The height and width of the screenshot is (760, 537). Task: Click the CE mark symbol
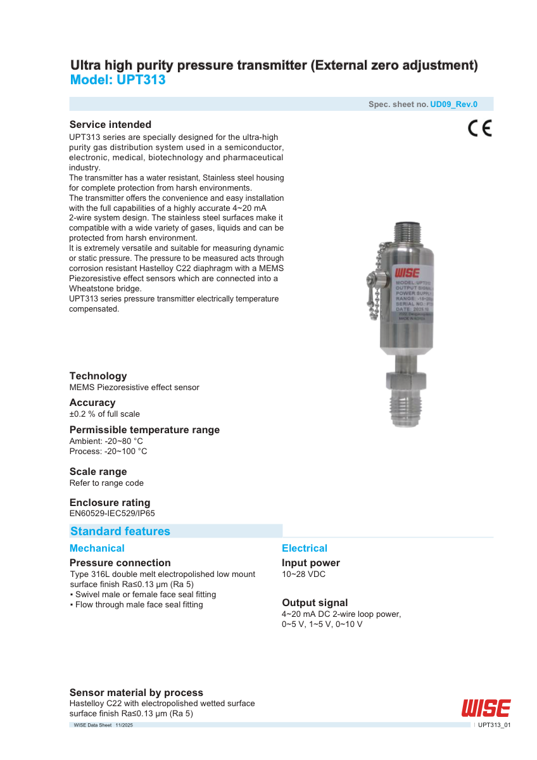coord(479,129)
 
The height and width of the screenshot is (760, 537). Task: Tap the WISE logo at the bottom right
coord(486,707)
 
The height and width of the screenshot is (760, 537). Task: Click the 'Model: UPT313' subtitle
coord(118,80)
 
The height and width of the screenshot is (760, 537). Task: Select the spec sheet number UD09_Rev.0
coord(453,104)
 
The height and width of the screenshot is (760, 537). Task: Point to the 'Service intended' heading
coord(110,124)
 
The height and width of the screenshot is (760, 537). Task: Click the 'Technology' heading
coord(98,376)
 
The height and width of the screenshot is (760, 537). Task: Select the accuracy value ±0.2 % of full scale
coord(104,414)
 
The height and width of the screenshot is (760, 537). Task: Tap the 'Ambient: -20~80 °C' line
coord(106,441)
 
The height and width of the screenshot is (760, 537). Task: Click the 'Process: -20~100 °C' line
coord(108,451)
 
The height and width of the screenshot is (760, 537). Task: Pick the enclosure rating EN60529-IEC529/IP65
coord(112,513)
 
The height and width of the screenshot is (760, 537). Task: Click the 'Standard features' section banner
coord(120,531)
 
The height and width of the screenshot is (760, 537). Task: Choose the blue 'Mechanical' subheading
coord(97,548)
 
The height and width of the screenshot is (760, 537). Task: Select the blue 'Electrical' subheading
coord(305,548)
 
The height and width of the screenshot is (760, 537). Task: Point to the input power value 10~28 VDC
coord(304,574)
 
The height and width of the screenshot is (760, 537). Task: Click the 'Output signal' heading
coord(315,603)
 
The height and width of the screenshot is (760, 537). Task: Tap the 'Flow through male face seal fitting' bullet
coord(136,605)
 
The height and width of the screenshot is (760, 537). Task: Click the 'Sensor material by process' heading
coord(136,693)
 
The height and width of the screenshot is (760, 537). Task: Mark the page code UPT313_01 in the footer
coord(494,725)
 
